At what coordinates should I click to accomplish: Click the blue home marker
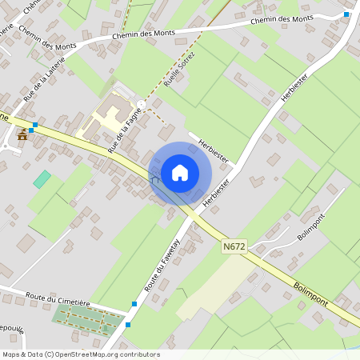pos(180,173)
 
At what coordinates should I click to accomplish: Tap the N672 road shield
pos(234,248)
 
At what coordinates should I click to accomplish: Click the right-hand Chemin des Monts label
pos(281,18)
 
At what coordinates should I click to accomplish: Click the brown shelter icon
pos(22,135)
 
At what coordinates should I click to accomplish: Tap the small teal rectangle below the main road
pos(42,179)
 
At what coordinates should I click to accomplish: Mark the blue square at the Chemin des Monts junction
pos(346,14)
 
